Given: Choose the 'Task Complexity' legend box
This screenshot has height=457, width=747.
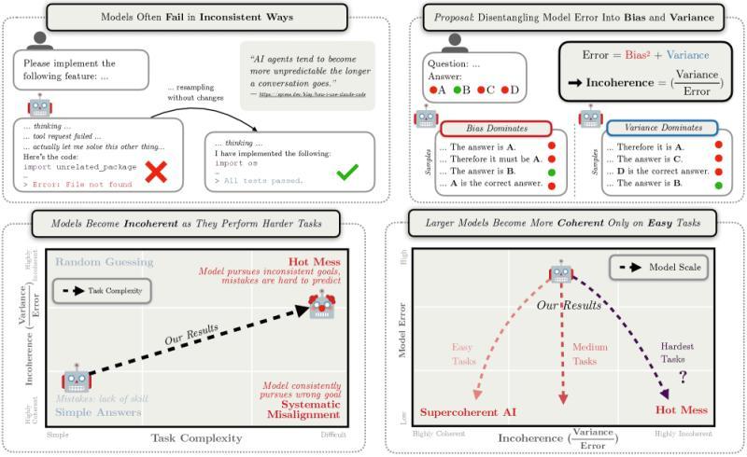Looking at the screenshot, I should (100, 291).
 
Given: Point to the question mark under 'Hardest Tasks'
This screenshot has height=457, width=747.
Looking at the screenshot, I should (683, 376).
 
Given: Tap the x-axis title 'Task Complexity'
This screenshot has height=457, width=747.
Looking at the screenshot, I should (197, 437).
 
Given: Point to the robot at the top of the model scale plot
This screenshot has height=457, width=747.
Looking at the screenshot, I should (560, 271).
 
